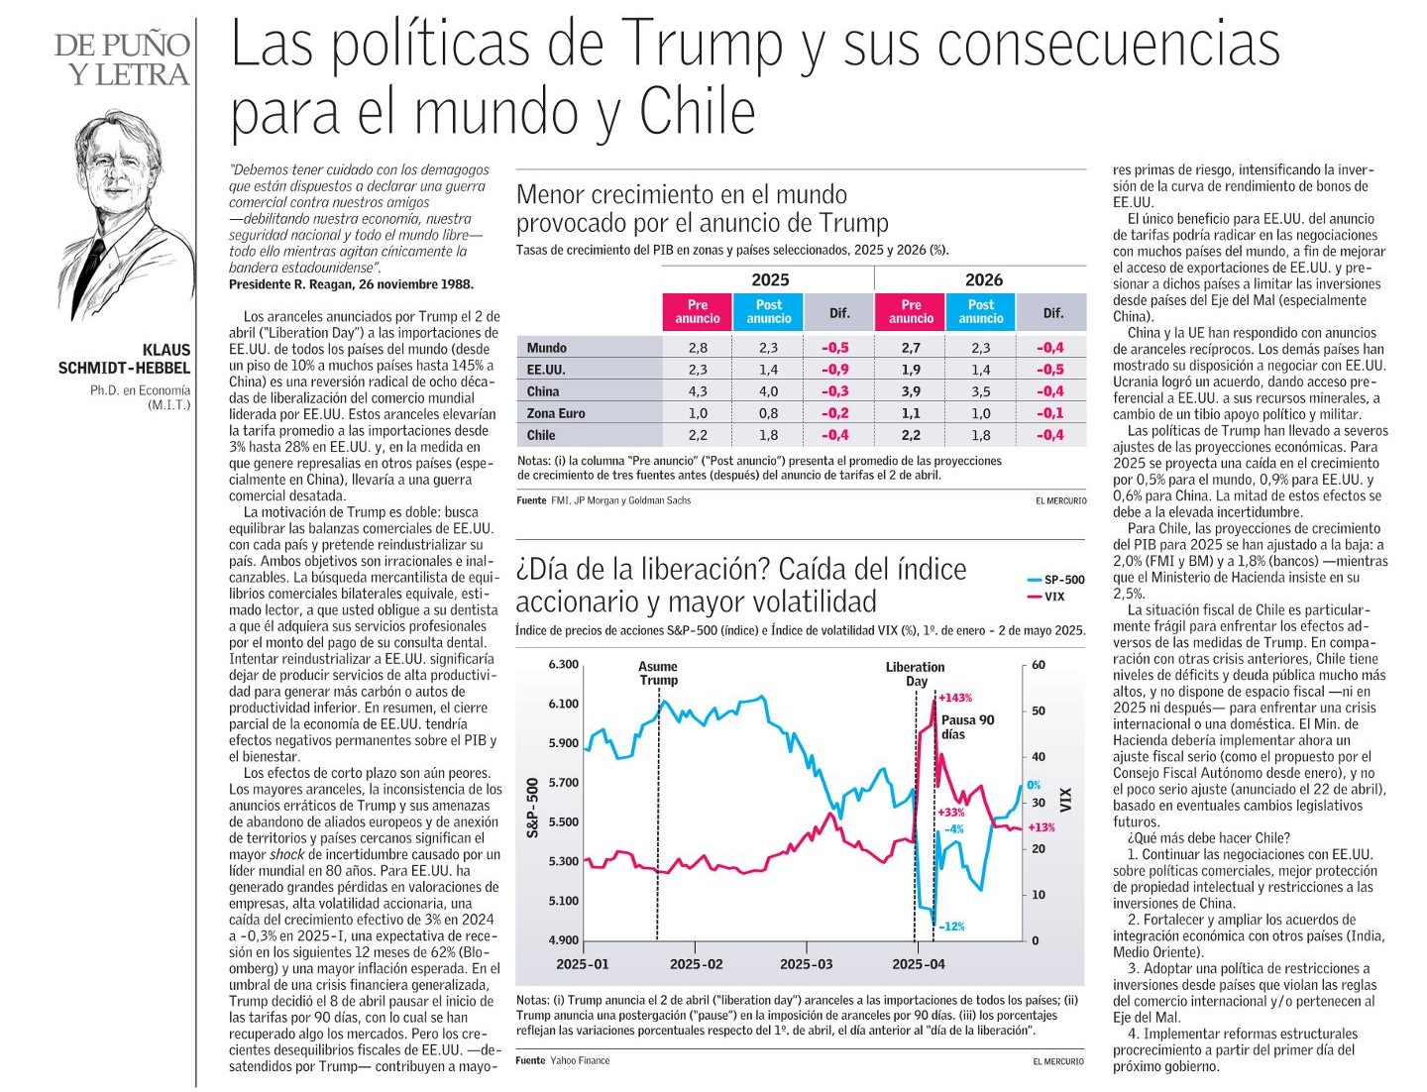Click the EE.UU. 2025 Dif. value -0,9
[x=834, y=370]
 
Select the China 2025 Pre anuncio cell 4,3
[x=698, y=391]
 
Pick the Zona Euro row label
[x=556, y=413]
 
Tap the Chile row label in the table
[x=541, y=435]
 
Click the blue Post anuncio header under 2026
[x=980, y=312]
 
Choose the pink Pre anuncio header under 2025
[x=698, y=312]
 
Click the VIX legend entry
[x=1045, y=597]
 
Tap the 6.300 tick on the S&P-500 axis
[x=563, y=664]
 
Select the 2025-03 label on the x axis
[x=806, y=964]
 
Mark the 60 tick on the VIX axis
[x=1039, y=665]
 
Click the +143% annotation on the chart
[x=955, y=698]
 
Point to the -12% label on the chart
[x=951, y=927]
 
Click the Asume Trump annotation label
[x=658, y=674]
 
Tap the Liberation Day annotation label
[x=916, y=674]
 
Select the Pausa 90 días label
[x=967, y=727]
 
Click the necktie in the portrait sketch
[x=90, y=274]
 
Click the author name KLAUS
[x=166, y=351]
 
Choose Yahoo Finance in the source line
[x=580, y=1060]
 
